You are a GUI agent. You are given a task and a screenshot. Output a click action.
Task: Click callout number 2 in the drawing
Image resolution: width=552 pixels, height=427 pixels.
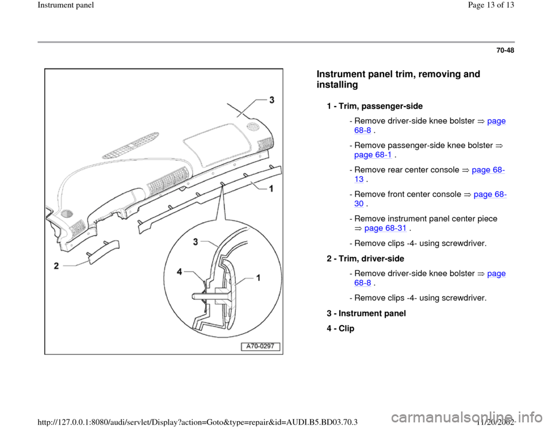click(x=56, y=266)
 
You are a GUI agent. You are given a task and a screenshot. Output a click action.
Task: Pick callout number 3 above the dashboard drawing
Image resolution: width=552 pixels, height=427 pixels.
click(x=271, y=100)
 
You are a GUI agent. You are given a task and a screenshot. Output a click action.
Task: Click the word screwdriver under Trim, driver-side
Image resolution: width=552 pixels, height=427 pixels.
click(x=465, y=298)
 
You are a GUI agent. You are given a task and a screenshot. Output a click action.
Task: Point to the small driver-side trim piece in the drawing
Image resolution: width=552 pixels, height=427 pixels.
click(x=103, y=251)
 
